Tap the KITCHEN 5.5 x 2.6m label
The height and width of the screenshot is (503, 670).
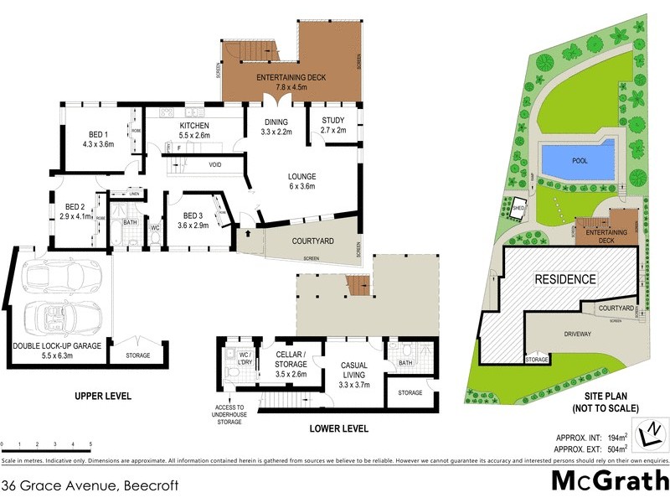pyautogui.click(x=194, y=130)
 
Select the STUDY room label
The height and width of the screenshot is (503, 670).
pyautogui.click(x=333, y=125)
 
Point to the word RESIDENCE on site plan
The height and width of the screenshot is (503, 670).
pyautogui.click(x=565, y=279)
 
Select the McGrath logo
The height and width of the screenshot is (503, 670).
pyautogui.click(x=609, y=481)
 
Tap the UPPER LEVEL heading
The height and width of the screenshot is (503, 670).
pyautogui.click(x=103, y=395)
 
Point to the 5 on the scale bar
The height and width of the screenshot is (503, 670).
pyautogui.click(x=90, y=444)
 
